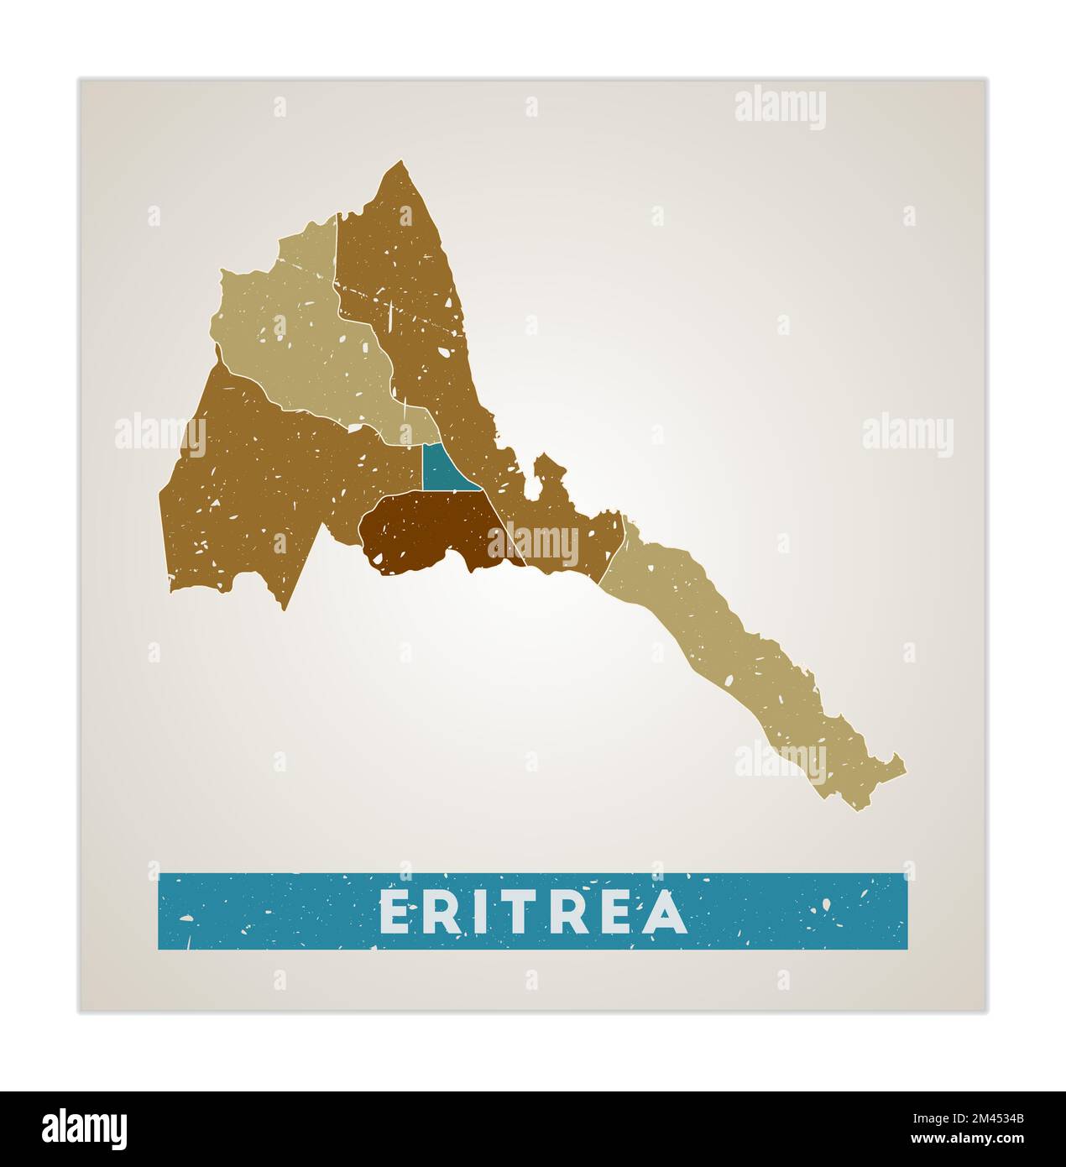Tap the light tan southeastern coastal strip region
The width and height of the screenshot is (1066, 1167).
tap(739, 655)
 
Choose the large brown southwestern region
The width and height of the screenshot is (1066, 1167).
tap(243, 487)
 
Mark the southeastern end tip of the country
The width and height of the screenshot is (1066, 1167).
tap(903, 766)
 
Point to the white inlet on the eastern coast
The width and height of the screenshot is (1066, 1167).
tap(531, 485)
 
